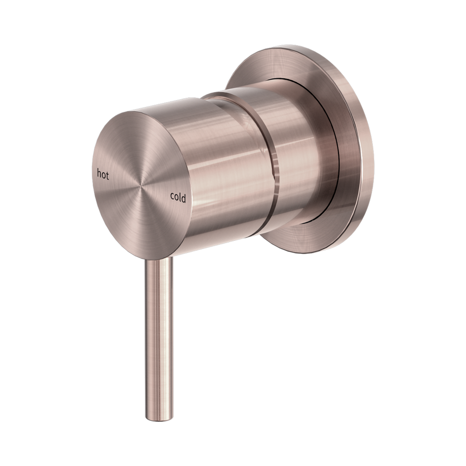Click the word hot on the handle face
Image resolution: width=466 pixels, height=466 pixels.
[x=103, y=175]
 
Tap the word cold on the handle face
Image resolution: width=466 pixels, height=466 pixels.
[x=178, y=197]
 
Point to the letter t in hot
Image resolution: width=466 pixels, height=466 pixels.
[x=107, y=176]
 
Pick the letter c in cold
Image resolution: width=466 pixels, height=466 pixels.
[x=172, y=197]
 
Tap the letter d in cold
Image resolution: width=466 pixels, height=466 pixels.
[x=183, y=198]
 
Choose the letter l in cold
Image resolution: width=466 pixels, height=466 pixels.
[x=180, y=197]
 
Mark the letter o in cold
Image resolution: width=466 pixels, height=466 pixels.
[x=176, y=197]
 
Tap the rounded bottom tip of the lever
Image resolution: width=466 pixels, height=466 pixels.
[x=159, y=416]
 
